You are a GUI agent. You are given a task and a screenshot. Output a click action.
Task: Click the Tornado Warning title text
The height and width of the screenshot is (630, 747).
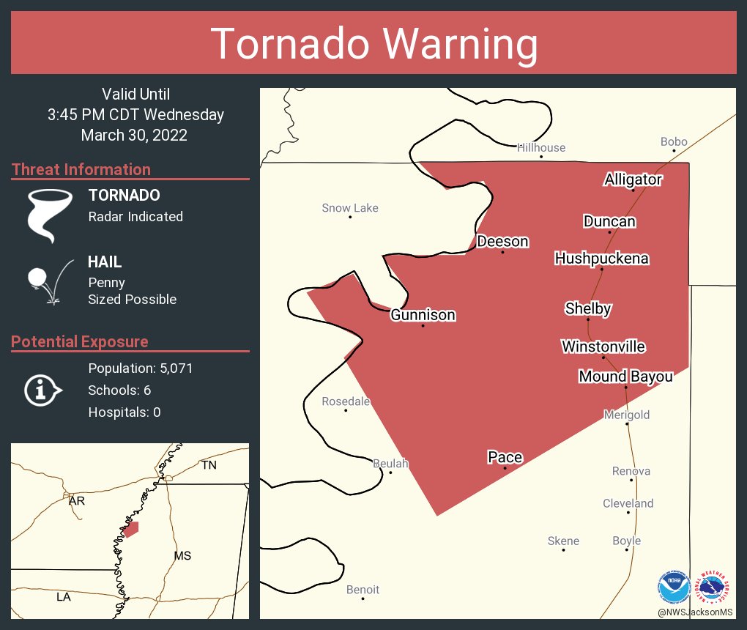[x=373, y=44]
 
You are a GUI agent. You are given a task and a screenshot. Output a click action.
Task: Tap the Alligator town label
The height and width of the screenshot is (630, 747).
[x=633, y=179]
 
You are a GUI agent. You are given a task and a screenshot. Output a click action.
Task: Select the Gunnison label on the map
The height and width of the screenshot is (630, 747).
[x=423, y=315]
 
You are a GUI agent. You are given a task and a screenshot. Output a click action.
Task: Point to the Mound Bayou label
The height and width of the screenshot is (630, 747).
[x=625, y=377]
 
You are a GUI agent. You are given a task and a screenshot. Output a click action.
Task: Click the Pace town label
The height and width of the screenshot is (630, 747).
[x=505, y=457]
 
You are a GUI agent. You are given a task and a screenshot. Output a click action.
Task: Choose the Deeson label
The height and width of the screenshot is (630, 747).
[x=502, y=242]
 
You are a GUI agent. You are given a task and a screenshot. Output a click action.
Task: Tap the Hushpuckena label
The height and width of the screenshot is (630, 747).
[x=601, y=259]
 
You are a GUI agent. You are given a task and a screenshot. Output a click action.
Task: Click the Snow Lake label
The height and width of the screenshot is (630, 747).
[x=350, y=208]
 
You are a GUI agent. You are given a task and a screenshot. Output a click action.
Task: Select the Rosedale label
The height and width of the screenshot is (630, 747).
[x=346, y=401]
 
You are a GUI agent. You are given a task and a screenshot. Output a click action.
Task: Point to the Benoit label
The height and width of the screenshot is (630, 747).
[x=363, y=590]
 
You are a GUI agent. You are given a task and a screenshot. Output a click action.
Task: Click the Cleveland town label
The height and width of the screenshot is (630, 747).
[x=628, y=503]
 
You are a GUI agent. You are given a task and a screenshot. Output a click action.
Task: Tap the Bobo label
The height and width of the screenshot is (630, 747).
[x=674, y=142]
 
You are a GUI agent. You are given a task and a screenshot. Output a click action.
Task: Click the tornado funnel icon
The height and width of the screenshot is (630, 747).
[x=50, y=215]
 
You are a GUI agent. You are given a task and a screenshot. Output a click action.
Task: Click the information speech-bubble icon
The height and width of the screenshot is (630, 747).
[x=42, y=390]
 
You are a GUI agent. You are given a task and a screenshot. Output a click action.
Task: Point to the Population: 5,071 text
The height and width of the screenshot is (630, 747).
[x=140, y=368]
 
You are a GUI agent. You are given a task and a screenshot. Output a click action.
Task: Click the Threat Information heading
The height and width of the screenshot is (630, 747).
[x=81, y=169]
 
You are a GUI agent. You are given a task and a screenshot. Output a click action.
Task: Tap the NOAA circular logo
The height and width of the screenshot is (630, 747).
[x=674, y=587]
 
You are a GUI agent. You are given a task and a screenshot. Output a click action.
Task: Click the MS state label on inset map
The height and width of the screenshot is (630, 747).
[x=182, y=555]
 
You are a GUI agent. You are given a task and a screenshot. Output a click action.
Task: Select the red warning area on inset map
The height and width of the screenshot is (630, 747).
[x=131, y=528]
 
